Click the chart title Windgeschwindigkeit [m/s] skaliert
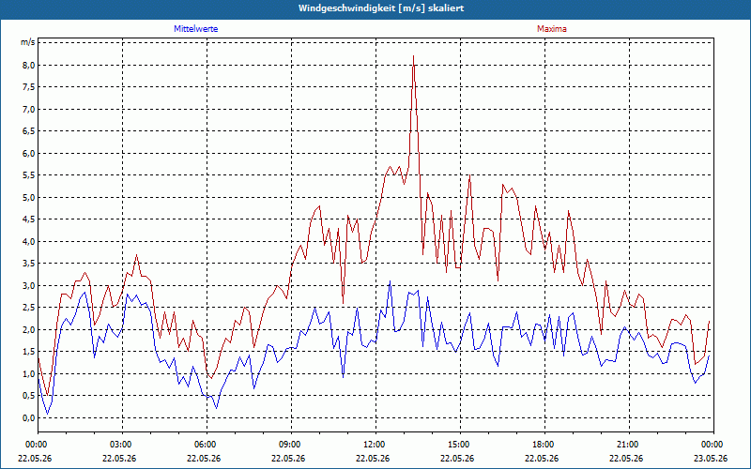click(381, 8)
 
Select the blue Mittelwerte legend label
click(196, 29)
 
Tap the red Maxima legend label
click(552, 29)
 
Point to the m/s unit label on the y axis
click(28, 42)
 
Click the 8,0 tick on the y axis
click(28, 65)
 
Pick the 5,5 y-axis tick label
click(28, 175)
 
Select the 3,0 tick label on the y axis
click(28, 286)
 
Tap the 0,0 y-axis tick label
click(28, 417)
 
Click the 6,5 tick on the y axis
click(28, 131)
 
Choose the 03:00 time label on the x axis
click(123, 445)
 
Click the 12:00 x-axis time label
click(376, 445)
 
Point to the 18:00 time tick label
click(545, 445)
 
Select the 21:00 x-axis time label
click(629, 445)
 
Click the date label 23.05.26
click(711, 458)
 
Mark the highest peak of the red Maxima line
click(413, 56)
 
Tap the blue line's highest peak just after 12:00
click(390, 280)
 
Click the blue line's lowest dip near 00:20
click(47, 414)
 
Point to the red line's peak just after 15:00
click(470, 175)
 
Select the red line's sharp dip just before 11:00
click(343, 303)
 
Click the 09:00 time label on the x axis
click(292, 445)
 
